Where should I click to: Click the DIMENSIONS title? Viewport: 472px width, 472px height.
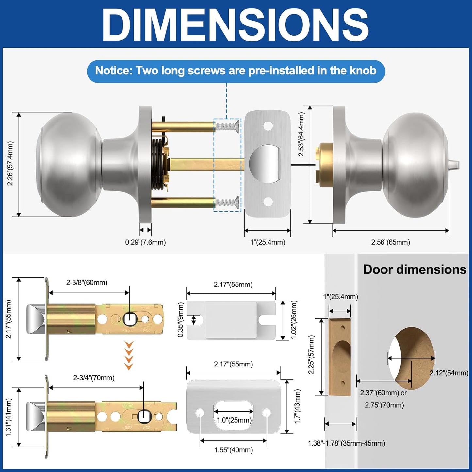point(236,25)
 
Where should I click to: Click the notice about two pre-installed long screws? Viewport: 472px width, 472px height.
point(236,71)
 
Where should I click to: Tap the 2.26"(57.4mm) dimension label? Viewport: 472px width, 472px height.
point(10,164)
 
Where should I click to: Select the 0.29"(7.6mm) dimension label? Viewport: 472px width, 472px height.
point(145,242)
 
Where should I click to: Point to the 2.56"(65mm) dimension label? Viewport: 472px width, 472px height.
point(390,242)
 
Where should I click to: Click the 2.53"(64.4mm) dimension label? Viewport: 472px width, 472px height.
point(301,134)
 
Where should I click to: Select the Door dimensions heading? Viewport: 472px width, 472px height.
point(415,269)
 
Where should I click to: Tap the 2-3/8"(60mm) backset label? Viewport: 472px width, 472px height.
point(87,283)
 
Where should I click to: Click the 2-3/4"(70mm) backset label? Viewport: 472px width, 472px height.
point(94,378)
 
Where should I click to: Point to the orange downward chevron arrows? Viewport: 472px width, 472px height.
point(129,355)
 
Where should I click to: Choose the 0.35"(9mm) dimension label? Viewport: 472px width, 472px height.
point(180,320)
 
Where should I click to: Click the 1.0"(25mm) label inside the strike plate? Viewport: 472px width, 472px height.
point(234,420)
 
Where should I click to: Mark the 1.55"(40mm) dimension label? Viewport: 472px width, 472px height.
point(233,450)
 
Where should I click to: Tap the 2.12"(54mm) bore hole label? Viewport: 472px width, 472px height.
point(449,373)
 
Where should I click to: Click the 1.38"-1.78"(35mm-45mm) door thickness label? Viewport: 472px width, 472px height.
point(346,443)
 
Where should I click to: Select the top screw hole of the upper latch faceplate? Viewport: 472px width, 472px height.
point(268,125)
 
